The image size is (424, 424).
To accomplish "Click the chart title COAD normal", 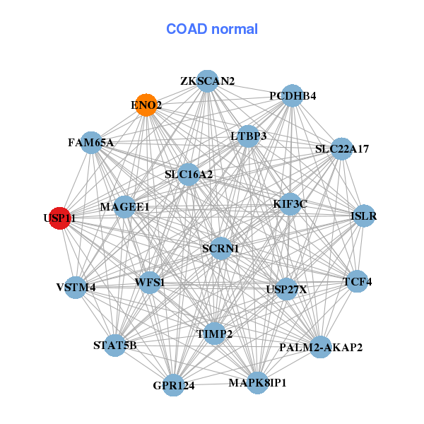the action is (211, 30).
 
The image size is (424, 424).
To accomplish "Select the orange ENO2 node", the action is (146, 105).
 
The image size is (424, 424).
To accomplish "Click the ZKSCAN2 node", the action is (207, 81).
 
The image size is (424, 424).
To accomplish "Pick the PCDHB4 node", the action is (292, 95).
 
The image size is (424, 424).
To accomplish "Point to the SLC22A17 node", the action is (342, 148).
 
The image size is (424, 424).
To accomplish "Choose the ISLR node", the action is (363, 216).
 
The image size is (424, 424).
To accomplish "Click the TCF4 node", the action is (357, 281).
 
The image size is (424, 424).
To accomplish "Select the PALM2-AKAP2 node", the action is (320, 347).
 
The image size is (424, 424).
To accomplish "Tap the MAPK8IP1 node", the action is (257, 383).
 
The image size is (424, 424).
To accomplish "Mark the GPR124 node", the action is (174, 385).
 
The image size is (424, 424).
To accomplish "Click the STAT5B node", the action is (115, 345).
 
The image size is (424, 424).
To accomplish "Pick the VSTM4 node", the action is (76, 287).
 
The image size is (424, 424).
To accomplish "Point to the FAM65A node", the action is (91, 142).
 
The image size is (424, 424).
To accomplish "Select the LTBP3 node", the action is (248, 136).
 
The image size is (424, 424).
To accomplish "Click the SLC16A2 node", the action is (189, 174).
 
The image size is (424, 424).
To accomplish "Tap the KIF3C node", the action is (290, 204).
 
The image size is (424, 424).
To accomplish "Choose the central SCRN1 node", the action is (220, 248).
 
